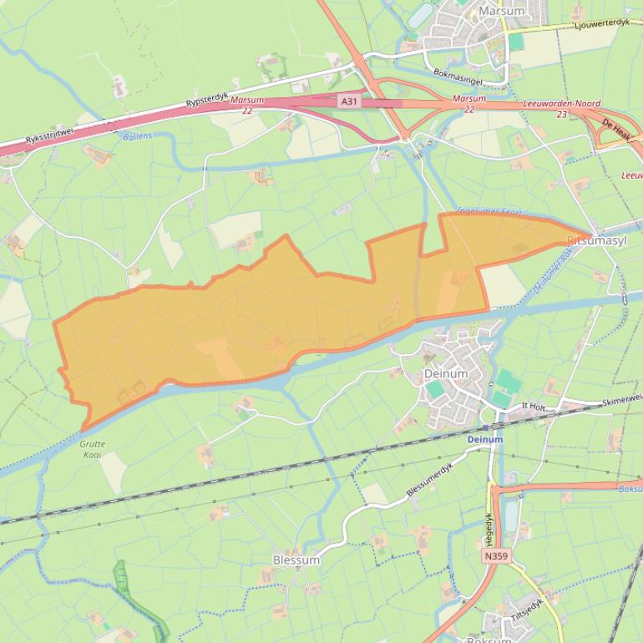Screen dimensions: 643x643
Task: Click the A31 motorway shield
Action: [x=350, y=101]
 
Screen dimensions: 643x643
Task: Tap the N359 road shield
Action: [x=494, y=555]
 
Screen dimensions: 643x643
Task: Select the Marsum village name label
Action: [x=502, y=11]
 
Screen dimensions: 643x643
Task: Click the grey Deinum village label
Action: [x=445, y=374]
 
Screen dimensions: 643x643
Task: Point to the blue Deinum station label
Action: [x=484, y=439]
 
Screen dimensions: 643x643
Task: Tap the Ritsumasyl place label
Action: [x=597, y=240]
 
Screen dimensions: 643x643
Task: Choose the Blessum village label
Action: [x=296, y=560]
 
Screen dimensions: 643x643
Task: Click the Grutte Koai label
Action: [x=93, y=449]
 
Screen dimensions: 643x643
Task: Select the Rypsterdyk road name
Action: [x=207, y=103]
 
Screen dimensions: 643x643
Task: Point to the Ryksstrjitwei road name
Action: [x=50, y=132]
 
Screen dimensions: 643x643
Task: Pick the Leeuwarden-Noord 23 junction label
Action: [x=561, y=109]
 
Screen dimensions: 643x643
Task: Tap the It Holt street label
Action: [x=533, y=406]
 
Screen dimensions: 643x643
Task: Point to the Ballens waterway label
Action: [x=138, y=135]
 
